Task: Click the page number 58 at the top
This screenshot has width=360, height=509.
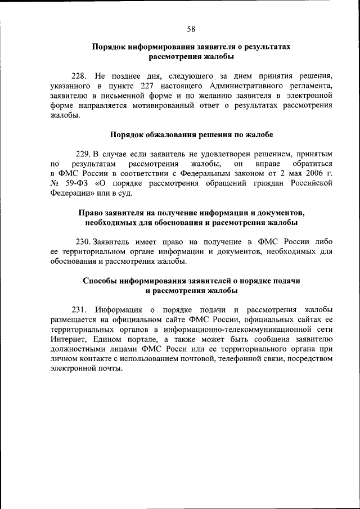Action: pyautogui.click(x=191, y=29)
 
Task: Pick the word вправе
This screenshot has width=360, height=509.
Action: pyautogui.click(x=268, y=163)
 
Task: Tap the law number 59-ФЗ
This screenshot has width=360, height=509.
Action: pyautogui.click(x=74, y=183)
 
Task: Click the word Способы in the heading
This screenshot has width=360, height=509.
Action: pyautogui.click(x=100, y=281)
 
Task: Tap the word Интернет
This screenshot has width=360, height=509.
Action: pyautogui.click(x=67, y=340)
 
